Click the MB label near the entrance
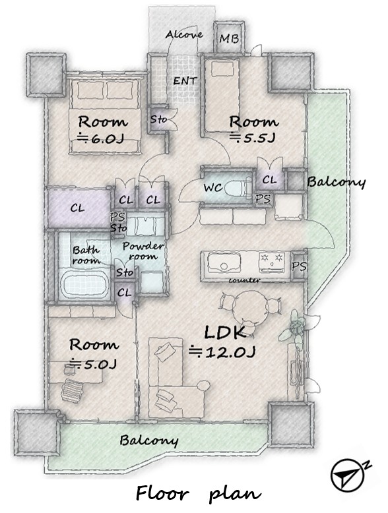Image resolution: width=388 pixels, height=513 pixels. point(229,39)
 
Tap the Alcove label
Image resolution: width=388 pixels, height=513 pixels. point(184,34)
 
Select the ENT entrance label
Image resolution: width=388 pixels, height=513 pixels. point(185,81)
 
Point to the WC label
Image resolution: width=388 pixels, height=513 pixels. point(213,188)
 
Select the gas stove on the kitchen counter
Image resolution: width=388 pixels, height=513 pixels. point(271,262)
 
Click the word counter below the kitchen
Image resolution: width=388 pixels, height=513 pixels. point(244,280)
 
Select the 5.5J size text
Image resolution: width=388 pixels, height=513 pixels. point(252,138)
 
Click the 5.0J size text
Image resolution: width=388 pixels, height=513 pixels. point(94,364)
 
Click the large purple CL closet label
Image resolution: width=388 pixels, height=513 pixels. point(77,208)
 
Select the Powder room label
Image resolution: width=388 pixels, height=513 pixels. point(143,251)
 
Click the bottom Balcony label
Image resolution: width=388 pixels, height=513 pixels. point(149,440)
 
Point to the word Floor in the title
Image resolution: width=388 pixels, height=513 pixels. point(162,493)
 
